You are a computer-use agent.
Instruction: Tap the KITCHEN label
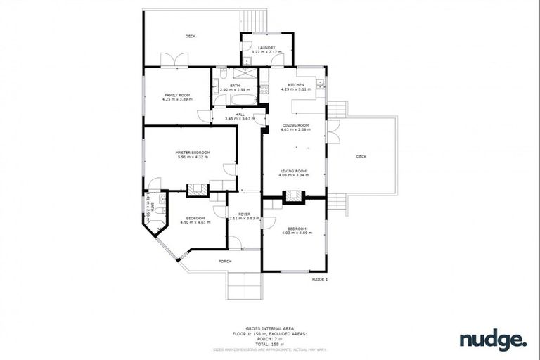click(296, 85)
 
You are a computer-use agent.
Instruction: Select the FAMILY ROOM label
click(177, 95)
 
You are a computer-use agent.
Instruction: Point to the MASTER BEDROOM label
click(189, 153)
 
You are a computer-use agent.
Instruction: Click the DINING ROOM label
click(296, 125)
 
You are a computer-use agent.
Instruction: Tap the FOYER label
click(244, 213)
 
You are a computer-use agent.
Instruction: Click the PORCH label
click(226, 261)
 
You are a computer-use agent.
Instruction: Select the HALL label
click(240, 114)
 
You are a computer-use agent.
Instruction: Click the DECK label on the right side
click(361, 156)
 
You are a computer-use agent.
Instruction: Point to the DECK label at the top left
click(190, 36)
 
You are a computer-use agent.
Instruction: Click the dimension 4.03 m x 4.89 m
click(296, 232)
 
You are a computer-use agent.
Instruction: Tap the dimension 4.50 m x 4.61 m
click(195, 222)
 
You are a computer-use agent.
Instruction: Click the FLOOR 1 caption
click(320, 279)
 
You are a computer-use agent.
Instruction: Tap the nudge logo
click(493, 340)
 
